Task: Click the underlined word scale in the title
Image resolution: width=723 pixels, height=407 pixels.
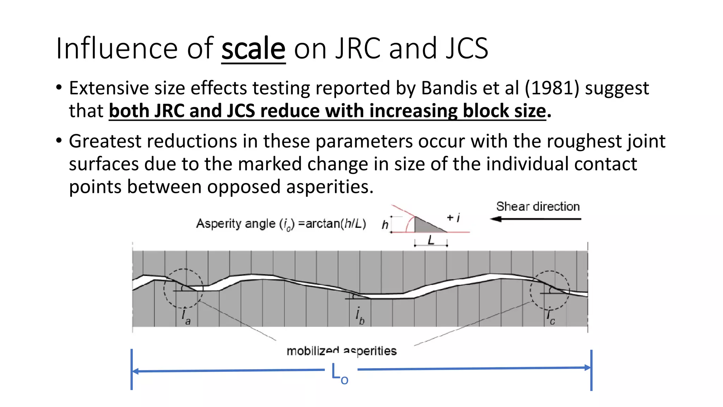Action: pos(253,48)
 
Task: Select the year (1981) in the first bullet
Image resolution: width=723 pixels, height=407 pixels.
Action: pos(552,88)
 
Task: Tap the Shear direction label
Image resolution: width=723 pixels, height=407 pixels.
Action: pos(538,206)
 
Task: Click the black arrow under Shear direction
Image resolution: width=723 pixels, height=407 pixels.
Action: pos(535,219)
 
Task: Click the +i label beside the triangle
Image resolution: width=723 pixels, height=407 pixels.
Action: pos(453,218)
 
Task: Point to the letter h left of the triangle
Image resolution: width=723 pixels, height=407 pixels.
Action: pos(385,225)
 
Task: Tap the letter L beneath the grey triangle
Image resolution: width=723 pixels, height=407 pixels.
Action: pos(431,241)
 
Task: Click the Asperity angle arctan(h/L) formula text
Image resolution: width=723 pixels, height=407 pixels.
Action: pos(281,224)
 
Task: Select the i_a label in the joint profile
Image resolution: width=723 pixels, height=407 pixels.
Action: pos(186,316)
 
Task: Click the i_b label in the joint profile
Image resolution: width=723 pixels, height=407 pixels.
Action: pos(359,315)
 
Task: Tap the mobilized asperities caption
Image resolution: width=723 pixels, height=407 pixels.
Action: pos(341,351)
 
